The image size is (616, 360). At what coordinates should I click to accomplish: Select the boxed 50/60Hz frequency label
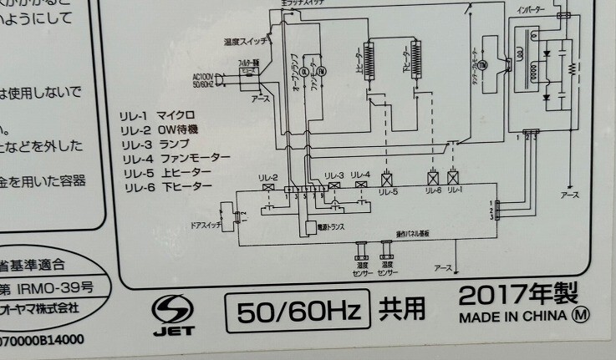click(298, 312)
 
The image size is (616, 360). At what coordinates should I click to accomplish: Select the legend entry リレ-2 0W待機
click(159, 130)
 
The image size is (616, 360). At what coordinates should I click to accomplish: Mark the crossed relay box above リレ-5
click(387, 178)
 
